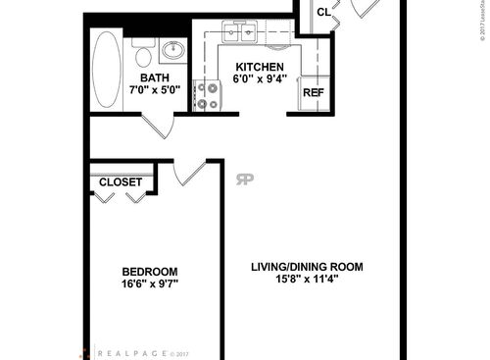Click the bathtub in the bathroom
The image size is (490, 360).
pyautogui.click(x=105, y=71)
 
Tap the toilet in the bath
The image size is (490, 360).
pyautogui.click(x=142, y=51)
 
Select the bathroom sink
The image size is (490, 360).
pyautogui.click(x=172, y=51)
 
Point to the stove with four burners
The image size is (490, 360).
pyautogui.click(x=208, y=95)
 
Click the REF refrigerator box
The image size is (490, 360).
pyautogui.click(x=313, y=93)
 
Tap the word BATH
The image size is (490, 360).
pyautogui.click(x=155, y=78)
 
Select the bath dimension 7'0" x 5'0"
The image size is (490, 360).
pyautogui.click(x=155, y=91)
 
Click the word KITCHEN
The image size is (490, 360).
pyautogui.click(x=259, y=67)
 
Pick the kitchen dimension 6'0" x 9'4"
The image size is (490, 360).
pyautogui.click(x=259, y=79)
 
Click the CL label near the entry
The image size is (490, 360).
pyautogui.click(x=323, y=12)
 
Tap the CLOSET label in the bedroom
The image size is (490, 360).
pyautogui.click(x=122, y=182)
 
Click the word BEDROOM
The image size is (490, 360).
pyautogui.click(x=150, y=272)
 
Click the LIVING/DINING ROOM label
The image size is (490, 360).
pyautogui.click(x=306, y=266)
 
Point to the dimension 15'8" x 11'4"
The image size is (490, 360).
pyautogui.click(x=306, y=279)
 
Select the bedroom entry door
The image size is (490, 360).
pyautogui.click(x=190, y=173)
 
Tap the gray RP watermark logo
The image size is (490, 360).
pyautogui.click(x=242, y=178)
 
